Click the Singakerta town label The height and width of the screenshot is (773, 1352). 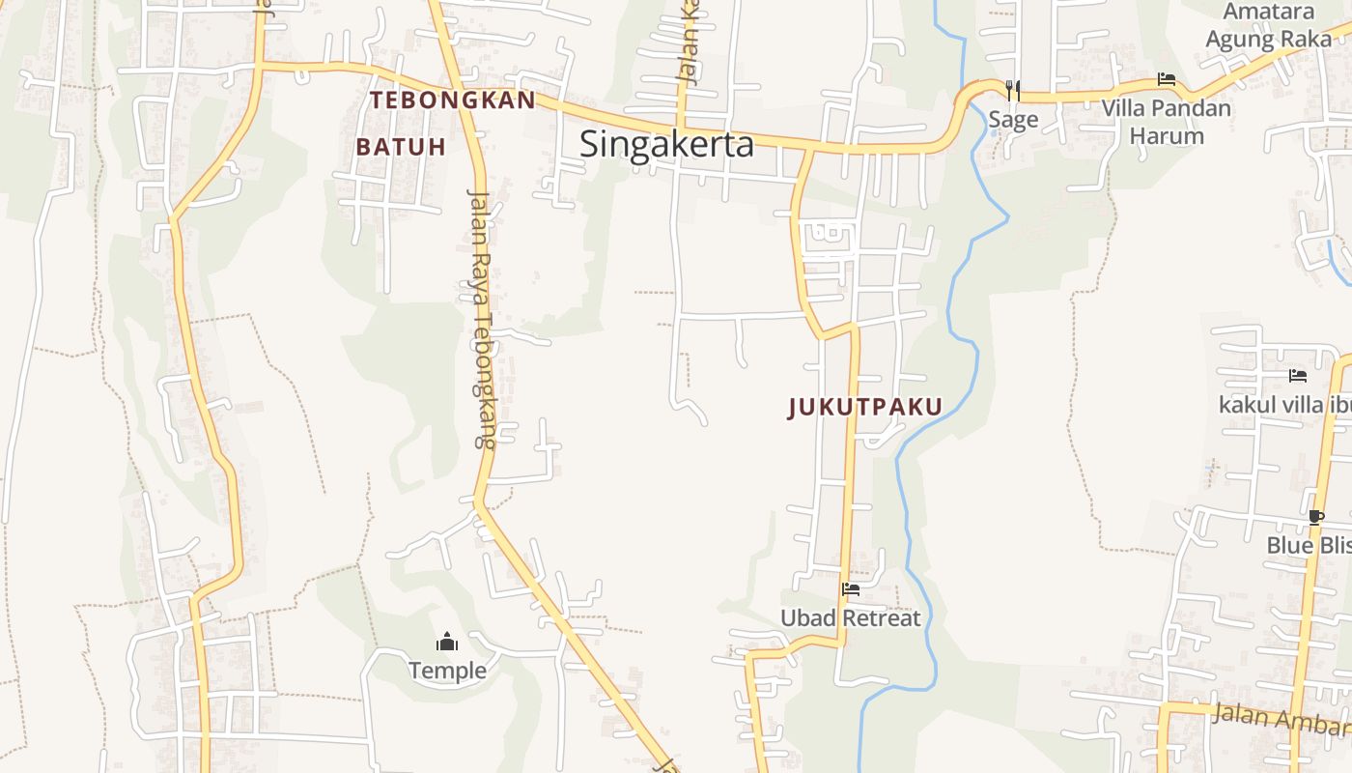click(666, 144)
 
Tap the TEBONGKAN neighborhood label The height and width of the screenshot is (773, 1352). click(452, 100)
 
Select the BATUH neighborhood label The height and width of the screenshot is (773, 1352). click(401, 147)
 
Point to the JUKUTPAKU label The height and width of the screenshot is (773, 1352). click(864, 407)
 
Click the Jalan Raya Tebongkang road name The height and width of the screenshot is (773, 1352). click(481, 319)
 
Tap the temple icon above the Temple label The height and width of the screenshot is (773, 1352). click(446, 642)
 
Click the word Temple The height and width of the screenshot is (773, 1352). click(447, 670)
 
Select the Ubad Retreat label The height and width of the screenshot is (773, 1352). click(850, 617)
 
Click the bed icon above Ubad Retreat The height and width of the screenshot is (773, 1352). click(850, 588)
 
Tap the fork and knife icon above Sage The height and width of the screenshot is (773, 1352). click(1012, 91)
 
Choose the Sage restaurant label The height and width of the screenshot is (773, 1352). click(1013, 119)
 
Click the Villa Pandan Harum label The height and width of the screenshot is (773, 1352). click(1167, 121)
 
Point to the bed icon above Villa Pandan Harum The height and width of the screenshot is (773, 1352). click(1167, 79)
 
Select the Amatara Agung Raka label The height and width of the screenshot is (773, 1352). click(1268, 25)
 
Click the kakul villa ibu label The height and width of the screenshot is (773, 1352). click(1284, 404)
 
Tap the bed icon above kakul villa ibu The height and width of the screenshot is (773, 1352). click(1297, 375)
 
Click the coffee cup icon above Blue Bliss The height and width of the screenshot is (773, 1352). click(1315, 517)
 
